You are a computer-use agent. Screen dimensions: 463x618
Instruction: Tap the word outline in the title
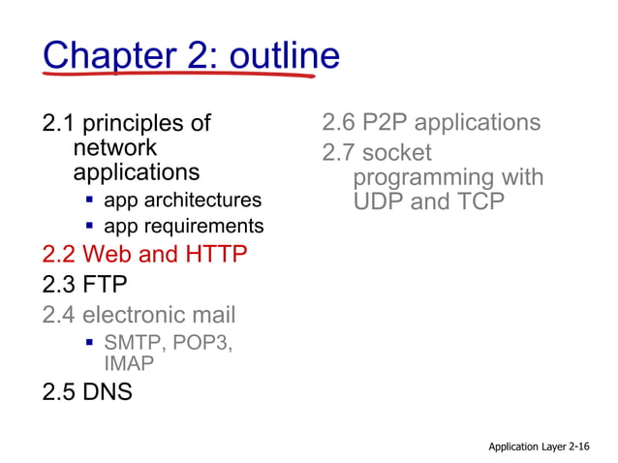click(281, 55)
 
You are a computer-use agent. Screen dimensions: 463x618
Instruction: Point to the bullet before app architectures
click(89, 201)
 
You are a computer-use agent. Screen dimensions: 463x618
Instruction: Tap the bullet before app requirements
click(89, 226)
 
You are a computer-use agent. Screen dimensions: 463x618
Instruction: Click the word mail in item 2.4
click(211, 315)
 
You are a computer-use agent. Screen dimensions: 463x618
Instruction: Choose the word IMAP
click(129, 364)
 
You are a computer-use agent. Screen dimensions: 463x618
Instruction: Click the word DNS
click(108, 393)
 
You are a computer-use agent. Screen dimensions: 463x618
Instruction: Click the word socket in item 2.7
click(397, 153)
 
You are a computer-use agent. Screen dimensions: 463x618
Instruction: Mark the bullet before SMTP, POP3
click(89, 344)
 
